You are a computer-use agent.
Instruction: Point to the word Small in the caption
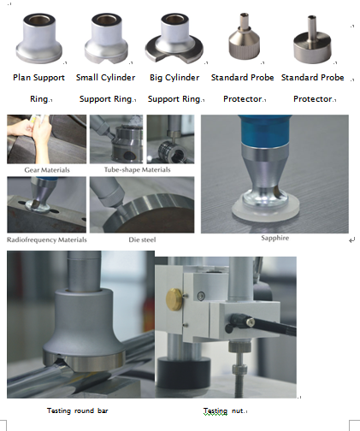[90, 78]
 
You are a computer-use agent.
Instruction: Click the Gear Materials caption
[46, 169]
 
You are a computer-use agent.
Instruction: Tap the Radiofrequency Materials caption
[46, 239]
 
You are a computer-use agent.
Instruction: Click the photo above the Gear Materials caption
[46, 139]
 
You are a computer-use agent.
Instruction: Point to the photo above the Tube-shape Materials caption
[117, 139]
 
